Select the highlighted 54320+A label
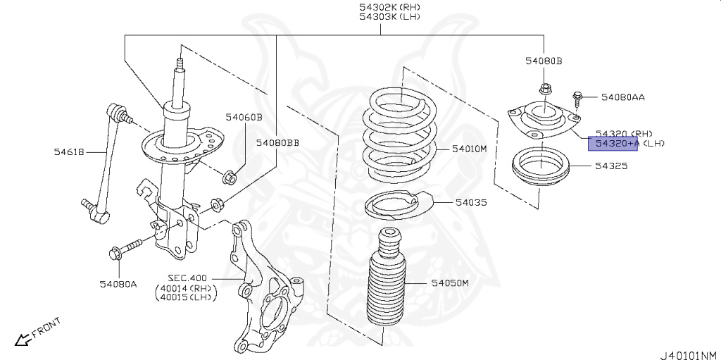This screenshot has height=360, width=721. coord(613,144)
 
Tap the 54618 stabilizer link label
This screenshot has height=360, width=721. coord(71,151)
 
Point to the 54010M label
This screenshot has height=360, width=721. coord(470,149)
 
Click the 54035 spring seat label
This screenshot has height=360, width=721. coord(471,202)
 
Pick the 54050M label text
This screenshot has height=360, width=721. coord(450,283)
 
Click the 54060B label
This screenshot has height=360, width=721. coord(244,117)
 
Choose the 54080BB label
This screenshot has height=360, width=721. coord(277,143)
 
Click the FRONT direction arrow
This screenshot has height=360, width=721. coord(24,340)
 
